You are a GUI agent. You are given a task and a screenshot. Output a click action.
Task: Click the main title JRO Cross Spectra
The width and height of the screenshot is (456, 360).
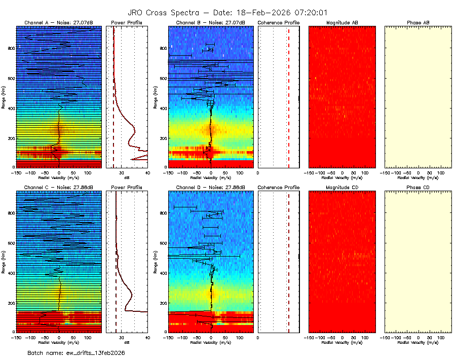227,12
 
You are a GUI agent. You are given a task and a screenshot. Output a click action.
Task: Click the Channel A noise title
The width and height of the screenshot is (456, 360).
59,23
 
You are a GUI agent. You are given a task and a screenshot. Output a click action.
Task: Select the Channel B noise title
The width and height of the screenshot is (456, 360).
210,23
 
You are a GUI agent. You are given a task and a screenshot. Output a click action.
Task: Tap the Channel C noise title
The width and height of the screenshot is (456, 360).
59,187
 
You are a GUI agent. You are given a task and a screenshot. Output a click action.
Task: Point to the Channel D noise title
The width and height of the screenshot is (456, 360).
210,187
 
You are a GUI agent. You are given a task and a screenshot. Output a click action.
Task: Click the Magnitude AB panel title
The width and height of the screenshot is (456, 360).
342,23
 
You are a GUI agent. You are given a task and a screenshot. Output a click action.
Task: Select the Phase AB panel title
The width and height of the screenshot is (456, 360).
418,23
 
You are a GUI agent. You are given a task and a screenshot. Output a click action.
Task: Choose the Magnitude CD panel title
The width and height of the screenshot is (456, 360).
342,187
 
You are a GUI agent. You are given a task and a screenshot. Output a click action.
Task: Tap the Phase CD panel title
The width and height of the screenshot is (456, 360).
418,187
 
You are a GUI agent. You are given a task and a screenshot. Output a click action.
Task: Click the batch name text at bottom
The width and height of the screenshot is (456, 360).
76,352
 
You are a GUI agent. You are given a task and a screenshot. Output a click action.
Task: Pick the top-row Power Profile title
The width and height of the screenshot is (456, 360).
127,23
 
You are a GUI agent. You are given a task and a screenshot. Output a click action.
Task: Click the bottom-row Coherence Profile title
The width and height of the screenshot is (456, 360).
279,187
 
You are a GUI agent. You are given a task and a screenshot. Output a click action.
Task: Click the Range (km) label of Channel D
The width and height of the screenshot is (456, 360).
155,261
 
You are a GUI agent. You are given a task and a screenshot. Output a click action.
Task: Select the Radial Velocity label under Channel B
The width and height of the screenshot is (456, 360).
210,178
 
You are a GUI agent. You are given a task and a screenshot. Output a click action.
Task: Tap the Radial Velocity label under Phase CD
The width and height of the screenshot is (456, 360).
418,342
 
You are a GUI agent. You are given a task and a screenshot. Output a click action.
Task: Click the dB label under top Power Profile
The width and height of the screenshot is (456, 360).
127,178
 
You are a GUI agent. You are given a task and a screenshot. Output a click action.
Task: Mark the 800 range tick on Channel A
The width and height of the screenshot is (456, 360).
11,48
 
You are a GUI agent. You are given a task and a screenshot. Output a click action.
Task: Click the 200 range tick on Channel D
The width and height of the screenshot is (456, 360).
163,303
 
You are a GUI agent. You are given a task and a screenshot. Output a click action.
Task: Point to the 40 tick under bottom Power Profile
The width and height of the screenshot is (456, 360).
147,337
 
